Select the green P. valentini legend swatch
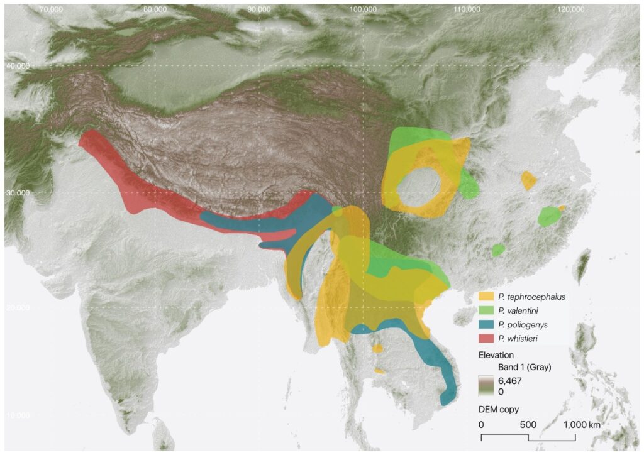486,310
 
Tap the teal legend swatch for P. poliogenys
486,324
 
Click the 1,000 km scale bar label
577,425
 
